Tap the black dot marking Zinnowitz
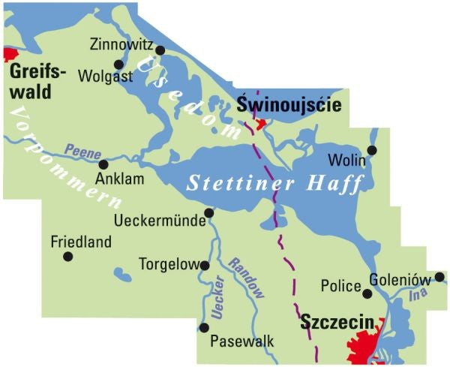[160, 50]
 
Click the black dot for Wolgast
[118, 65]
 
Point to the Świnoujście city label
[289, 105]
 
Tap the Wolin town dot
[372, 150]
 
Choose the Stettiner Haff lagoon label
[274, 182]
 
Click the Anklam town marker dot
[103, 164]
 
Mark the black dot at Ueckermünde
[209, 213]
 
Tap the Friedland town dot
[68, 256]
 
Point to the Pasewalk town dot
[204, 327]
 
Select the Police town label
[340, 286]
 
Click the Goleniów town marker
[439, 277]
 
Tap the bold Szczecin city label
[337, 323]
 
